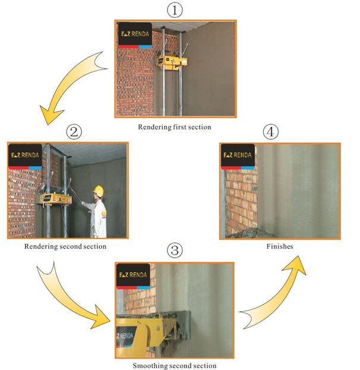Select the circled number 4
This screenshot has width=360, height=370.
pos(279,133)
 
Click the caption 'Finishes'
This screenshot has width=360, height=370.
pos(279,245)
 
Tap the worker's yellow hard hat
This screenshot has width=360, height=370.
pos(99,190)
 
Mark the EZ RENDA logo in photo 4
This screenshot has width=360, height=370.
pos(238,156)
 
